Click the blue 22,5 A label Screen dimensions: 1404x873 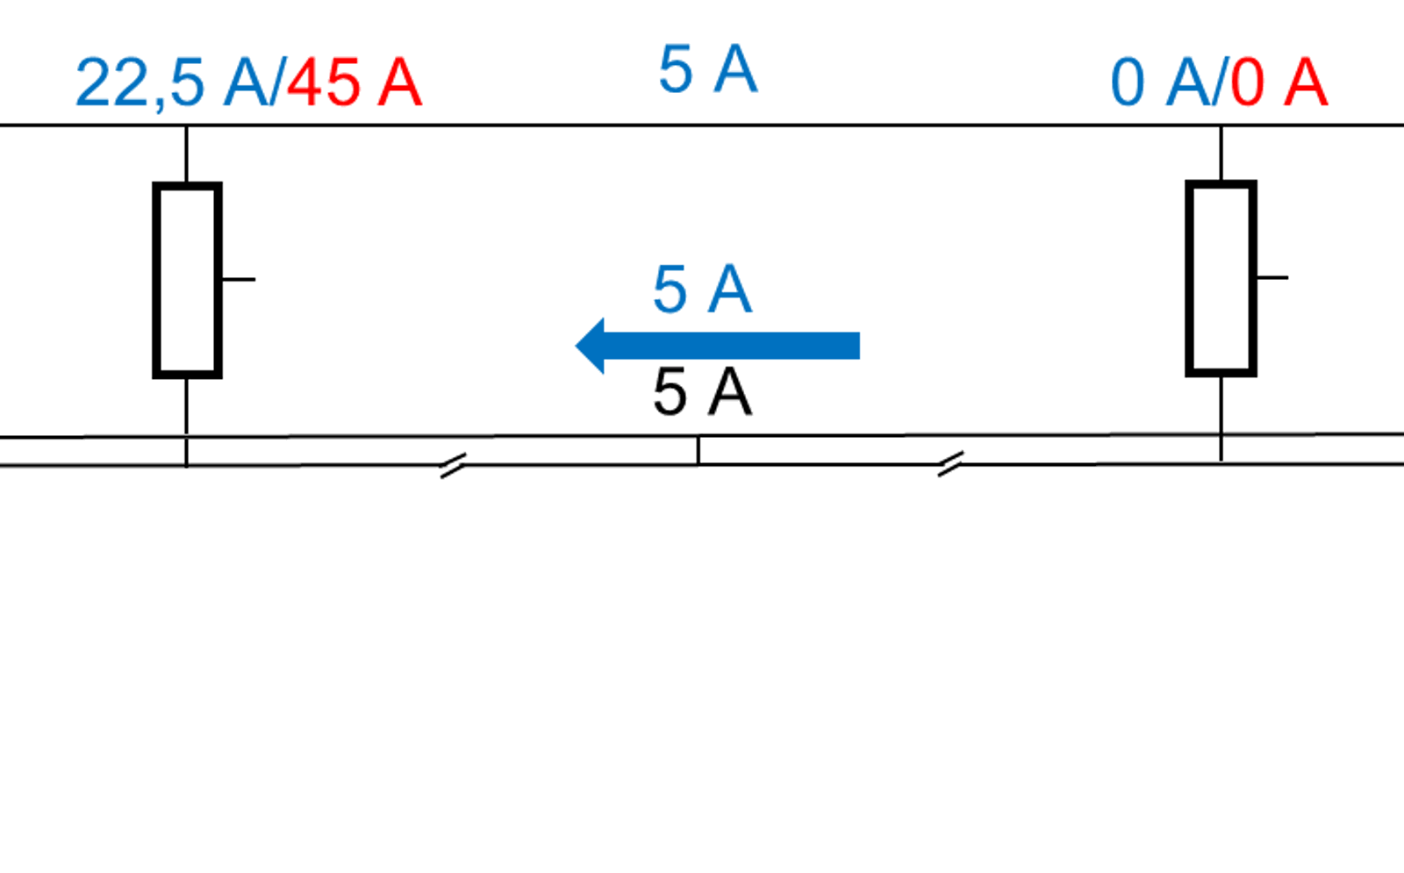pyautogui.click(x=172, y=83)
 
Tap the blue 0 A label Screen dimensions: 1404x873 pyautogui.click(x=1159, y=82)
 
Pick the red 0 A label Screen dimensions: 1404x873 pyautogui.click(x=1279, y=82)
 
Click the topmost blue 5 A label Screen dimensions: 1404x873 pyautogui.click(x=708, y=69)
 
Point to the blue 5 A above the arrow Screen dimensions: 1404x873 pyautogui.click(x=702, y=290)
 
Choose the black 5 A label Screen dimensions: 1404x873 pyautogui.click(x=702, y=392)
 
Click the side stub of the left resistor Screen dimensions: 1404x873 pyautogui.click(x=239, y=280)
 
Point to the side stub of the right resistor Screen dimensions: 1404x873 pyautogui.click(x=1272, y=277)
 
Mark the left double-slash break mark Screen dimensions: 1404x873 pyautogui.click(x=453, y=466)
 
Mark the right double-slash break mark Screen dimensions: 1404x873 pyautogui.click(x=950, y=464)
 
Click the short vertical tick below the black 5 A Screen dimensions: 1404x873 pyautogui.click(x=698, y=451)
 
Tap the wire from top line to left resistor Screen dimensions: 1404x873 pyautogui.click(x=186, y=154)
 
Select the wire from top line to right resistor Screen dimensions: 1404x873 pyautogui.click(x=1221, y=153)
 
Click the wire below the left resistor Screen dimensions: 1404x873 pyautogui.click(x=186, y=423)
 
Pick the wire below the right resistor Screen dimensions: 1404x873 pyautogui.click(x=1221, y=419)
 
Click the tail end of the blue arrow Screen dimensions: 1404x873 pyautogui.click(x=859, y=346)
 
